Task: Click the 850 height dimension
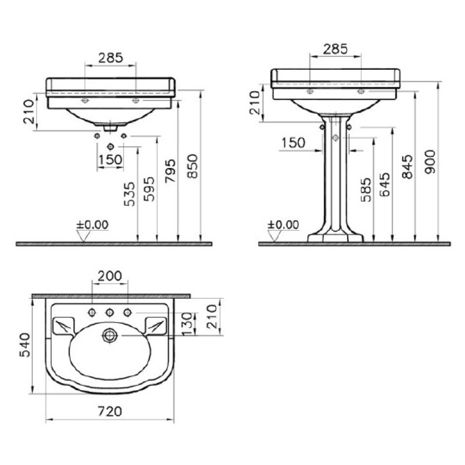193,166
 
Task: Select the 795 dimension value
170,170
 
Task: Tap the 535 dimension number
130,194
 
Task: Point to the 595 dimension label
149,189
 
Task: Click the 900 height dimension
431,162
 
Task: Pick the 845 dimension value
407,167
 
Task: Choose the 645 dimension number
385,184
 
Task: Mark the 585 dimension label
366,190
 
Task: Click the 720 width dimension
110,412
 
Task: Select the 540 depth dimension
25,345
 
